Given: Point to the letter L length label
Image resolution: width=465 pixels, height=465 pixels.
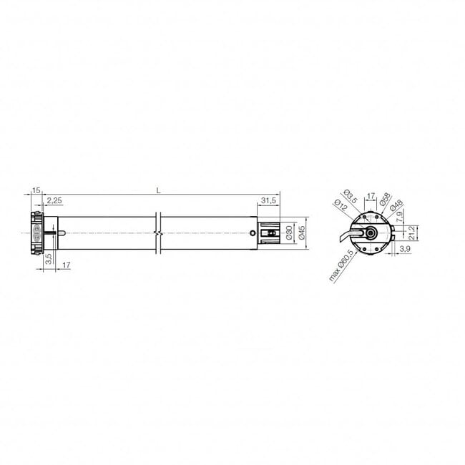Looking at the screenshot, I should click(x=157, y=190).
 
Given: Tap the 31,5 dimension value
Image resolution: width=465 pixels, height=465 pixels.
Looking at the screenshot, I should click(x=269, y=201).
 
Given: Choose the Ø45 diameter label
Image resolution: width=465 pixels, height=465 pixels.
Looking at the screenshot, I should click(x=302, y=233).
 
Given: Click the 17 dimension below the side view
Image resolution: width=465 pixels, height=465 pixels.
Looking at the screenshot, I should click(x=66, y=265).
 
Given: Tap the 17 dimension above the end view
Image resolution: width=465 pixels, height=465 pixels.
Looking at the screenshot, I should click(x=371, y=195).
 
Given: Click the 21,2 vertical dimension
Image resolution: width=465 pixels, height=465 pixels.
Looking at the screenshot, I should click(x=412, y=232).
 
